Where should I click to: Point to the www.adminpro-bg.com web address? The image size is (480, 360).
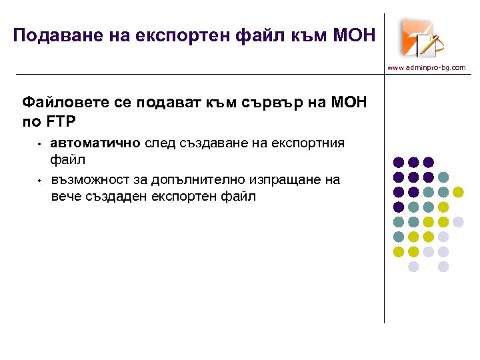point(427,67)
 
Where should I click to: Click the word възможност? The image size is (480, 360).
point(87,179)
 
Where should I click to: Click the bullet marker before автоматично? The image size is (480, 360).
point(40,143)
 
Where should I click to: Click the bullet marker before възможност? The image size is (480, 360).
point(40,180)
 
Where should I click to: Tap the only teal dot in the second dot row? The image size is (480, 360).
point(443,177)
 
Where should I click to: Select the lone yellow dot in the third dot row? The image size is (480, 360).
point(458,192)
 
